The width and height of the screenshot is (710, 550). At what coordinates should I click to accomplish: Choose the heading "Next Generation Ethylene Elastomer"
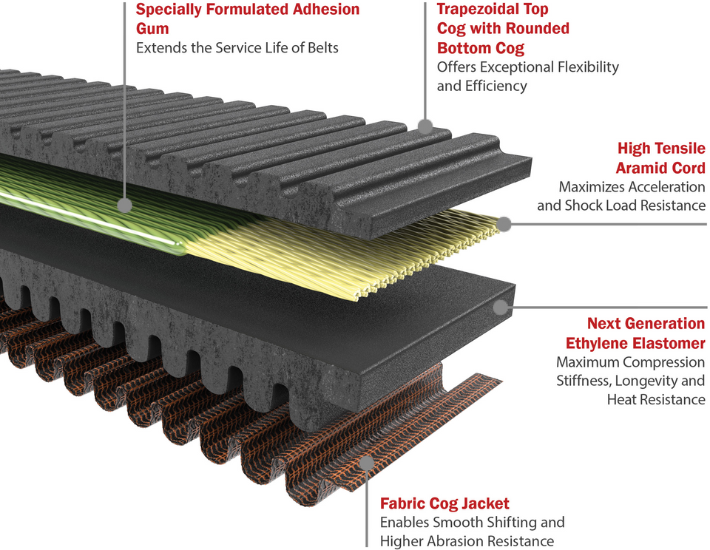pyautogui.click(x=635, y=333)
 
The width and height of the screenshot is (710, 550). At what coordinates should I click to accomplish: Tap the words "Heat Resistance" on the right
pyautogui.click(x=656, y=400)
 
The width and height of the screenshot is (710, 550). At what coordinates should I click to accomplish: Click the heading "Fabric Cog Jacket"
pyautogui.click(x=444, y=503)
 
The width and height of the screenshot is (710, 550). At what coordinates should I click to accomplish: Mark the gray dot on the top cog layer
pyautogui.click(x=425, y=126)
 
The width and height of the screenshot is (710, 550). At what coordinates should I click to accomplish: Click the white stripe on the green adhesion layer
pyautogui.click(x=89, y=218)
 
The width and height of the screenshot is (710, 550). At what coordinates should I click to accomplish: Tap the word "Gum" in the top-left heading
pyautogui.click(x=152, y=29)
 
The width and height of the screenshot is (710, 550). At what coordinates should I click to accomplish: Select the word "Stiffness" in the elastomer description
pyautogui.click(x=585, y=381)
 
